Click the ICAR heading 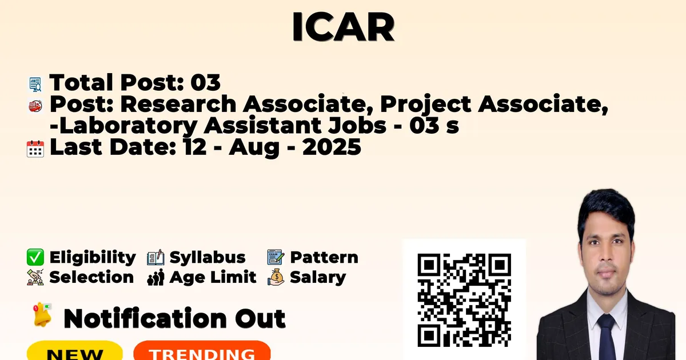click(x=343, y=27)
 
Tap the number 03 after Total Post click(x=205, y=82)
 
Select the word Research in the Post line click(x=178, y=104)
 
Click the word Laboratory click(x=129, y=126)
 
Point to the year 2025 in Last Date click(x=332, y=147)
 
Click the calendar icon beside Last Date click(x=35, y=149)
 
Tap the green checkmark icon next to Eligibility click(x=35, y=257)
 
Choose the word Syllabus click(x=208, y=258)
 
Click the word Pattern click(x=324, y=257)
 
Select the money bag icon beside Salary click(x=276, y=277)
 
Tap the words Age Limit click(x=213, y=277)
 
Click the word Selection click(x=91, y=277)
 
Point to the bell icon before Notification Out click(x=42, y=314)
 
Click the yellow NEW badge click(x=75, y=351)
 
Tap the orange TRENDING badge click(x=202, y=351)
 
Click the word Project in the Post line click(x=426, y=105)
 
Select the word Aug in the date click(x=254, y=147)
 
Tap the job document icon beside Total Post click(x=35, y=85)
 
